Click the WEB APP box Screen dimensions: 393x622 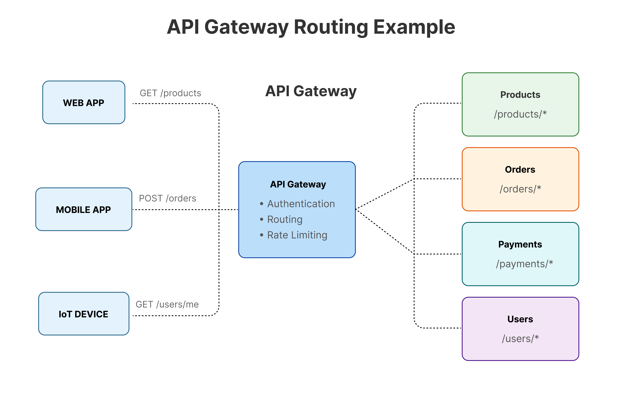tap(84, 103)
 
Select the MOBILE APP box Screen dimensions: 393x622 tap(84, 209)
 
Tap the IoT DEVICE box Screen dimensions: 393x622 tap(84, 314)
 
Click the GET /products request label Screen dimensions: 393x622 tap(170, 93)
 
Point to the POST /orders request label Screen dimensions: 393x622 tap(167, 198)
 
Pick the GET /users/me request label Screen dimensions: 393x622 tap(167, 304)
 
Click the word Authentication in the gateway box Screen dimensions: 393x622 tap(301, 204)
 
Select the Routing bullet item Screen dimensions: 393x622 tap(285, 219)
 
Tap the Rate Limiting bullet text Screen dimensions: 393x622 tap(297, 235)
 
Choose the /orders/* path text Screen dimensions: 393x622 tap(520, 189)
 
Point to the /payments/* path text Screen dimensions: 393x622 tap(524, 264)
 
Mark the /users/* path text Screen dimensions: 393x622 tap(520, 339)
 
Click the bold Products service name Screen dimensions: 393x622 tap(520, 95)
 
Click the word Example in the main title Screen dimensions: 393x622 tap(414, 27)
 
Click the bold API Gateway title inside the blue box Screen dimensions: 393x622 tap(298, 184)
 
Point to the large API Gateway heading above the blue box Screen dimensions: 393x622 tap(311, 91)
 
